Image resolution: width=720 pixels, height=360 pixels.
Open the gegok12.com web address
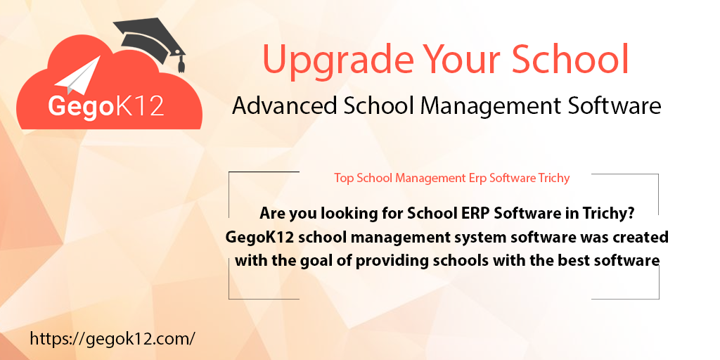112,338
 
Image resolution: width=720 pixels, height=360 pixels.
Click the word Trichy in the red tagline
553,178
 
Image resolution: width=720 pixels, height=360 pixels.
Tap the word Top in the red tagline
344,178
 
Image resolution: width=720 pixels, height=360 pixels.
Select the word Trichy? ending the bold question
617,214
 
